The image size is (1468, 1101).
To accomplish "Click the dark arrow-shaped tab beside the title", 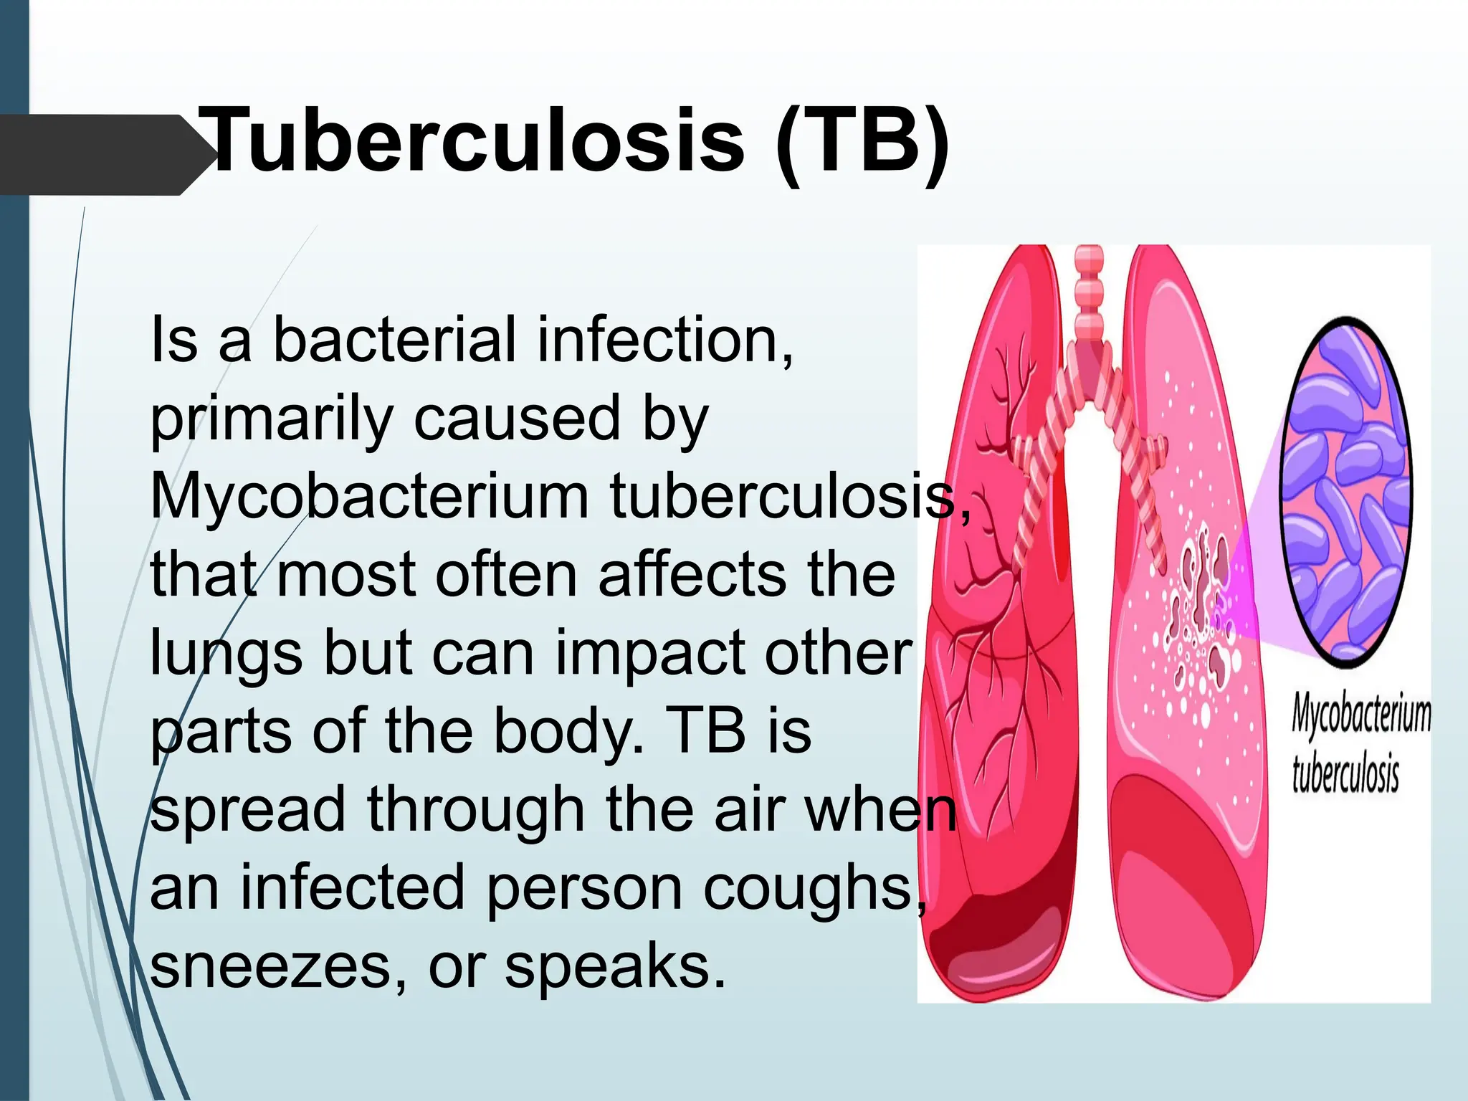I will pyautogui.click(x=100, y=155).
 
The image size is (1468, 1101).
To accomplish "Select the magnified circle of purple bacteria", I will pyautogui.click(x=1346, y=492).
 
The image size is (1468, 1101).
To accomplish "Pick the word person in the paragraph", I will pyautogui.click(x=584, y=889).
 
